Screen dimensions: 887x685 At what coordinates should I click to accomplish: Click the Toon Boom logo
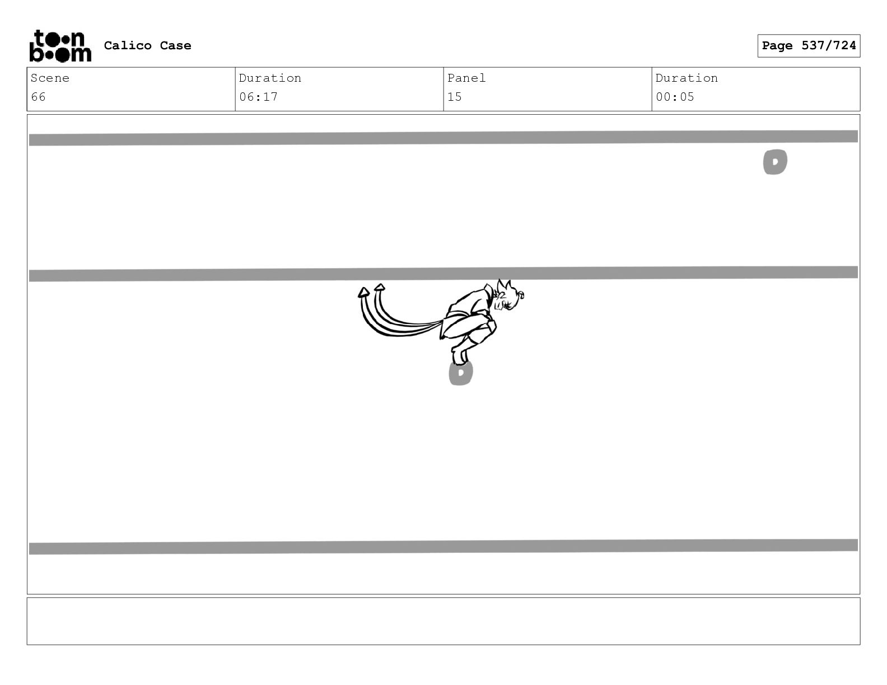click(x=60, y=46)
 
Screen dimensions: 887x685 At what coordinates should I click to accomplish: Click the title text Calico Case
click(x=147, y=45)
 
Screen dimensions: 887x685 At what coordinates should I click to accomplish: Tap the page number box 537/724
click(x=809, y=46)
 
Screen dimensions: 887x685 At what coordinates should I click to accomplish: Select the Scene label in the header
click(x=50, y=78)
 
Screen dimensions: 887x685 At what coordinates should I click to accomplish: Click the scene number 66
click(x=39, y=97)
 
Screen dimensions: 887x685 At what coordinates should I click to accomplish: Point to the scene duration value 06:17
click(x=258, y=97)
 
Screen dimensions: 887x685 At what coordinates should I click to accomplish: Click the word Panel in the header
click(x=466, y=78)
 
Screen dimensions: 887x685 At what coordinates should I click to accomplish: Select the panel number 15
click(x=454, y=97)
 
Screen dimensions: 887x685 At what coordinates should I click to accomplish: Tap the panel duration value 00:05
click(x=675, y=97)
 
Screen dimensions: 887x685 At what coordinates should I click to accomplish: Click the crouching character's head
click(x=507, y=296)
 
